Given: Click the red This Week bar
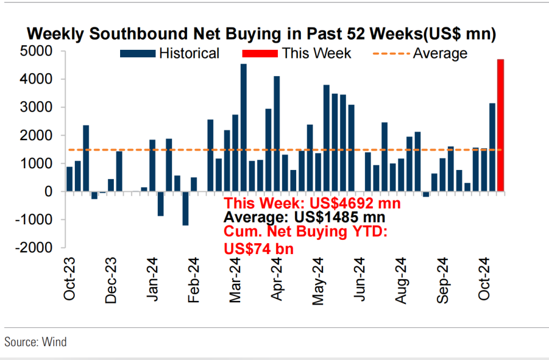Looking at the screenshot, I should [500, 125].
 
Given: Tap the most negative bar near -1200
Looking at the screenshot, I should [185, 208].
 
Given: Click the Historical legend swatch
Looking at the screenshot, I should [137, 54].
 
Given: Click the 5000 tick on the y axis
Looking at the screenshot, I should [37, 52].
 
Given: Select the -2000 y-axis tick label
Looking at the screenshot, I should [35, 248].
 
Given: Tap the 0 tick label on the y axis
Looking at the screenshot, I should [48, 192].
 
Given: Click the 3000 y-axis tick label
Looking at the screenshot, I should [37, 108].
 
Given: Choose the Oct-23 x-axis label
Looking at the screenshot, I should [70, 279].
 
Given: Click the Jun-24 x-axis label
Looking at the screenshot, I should [361, 279].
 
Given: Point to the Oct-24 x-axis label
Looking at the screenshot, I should [486, 279].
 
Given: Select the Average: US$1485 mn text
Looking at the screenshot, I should [304, 217].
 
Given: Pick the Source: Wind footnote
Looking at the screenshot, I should [35, 342].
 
